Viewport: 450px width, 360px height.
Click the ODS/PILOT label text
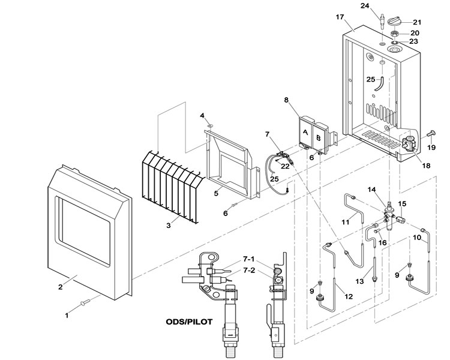click(x=189, y=322)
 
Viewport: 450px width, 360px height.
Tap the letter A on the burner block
click(x=305, y=133)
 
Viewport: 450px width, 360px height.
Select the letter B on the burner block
click(x=318, y=138)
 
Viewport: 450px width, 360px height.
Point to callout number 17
click(x=340, y=17)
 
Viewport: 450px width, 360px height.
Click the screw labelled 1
click(x=86, y=302)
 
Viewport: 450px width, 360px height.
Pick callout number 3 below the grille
click(x=169, y=226)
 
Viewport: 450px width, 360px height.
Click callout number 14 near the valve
click(x=371, y=190)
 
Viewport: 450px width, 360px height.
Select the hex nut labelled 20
click(x=395, y=34)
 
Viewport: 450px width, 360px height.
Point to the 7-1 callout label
click(x=248, y=259)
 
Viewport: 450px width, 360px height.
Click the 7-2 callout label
click(x=248, y=270)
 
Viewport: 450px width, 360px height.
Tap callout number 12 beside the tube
click(x=349, y=296)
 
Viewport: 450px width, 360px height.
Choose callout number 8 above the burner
click(x=286, y=100)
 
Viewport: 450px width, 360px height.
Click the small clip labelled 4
click(x=211, y=125)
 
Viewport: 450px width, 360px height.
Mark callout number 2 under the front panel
click(x=60, y=287)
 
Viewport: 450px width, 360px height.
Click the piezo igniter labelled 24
click(x=382, y=20)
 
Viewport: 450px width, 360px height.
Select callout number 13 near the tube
click(x=359, y=281)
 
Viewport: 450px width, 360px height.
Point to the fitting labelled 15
click(x=400, y=220)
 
